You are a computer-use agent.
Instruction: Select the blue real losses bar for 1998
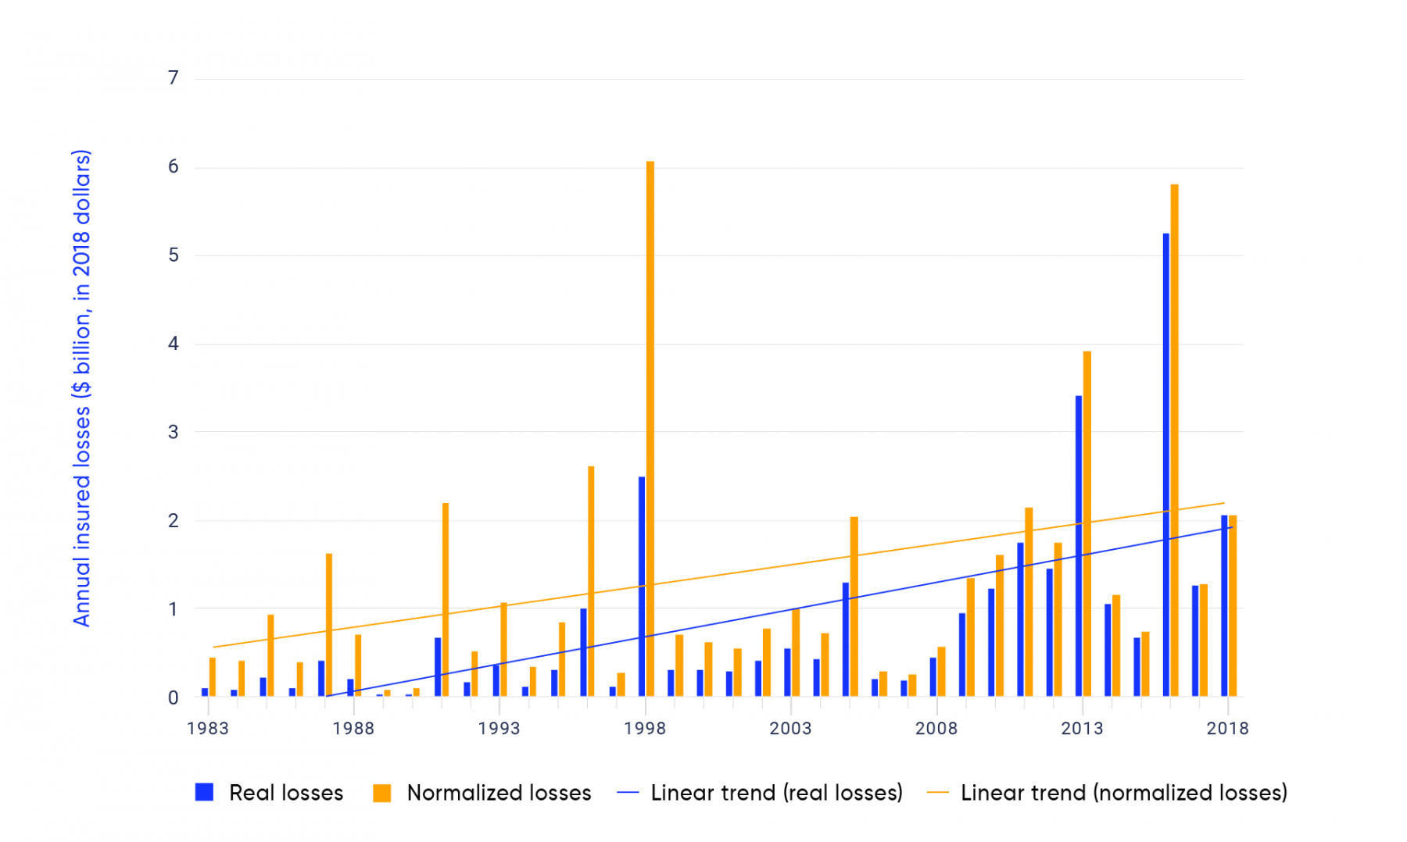coord(642,586)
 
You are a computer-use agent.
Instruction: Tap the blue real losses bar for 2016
coord(1166,465)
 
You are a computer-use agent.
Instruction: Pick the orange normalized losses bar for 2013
coord(1087,523)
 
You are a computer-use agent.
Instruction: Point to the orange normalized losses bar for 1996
coord(591,581)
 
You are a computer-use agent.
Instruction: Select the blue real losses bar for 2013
coord(1079,546)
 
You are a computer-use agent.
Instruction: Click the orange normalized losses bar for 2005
coord(854,606)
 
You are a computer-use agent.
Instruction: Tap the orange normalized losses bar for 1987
coord(329,625)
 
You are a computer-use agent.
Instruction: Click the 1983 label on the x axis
coord(208,729)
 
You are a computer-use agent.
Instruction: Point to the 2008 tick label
coord(936,729)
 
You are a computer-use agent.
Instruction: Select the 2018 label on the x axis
coord(1227,729)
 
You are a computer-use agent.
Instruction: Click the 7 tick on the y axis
coord(174,78)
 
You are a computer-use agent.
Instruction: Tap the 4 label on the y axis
coord(174,344)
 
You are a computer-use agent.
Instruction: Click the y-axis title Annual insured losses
coord(82,387)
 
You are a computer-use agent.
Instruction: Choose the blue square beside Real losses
coord(205,792)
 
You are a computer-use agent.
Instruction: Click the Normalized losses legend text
coord(499,793)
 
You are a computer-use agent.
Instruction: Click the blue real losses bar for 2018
coord(1224,605)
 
